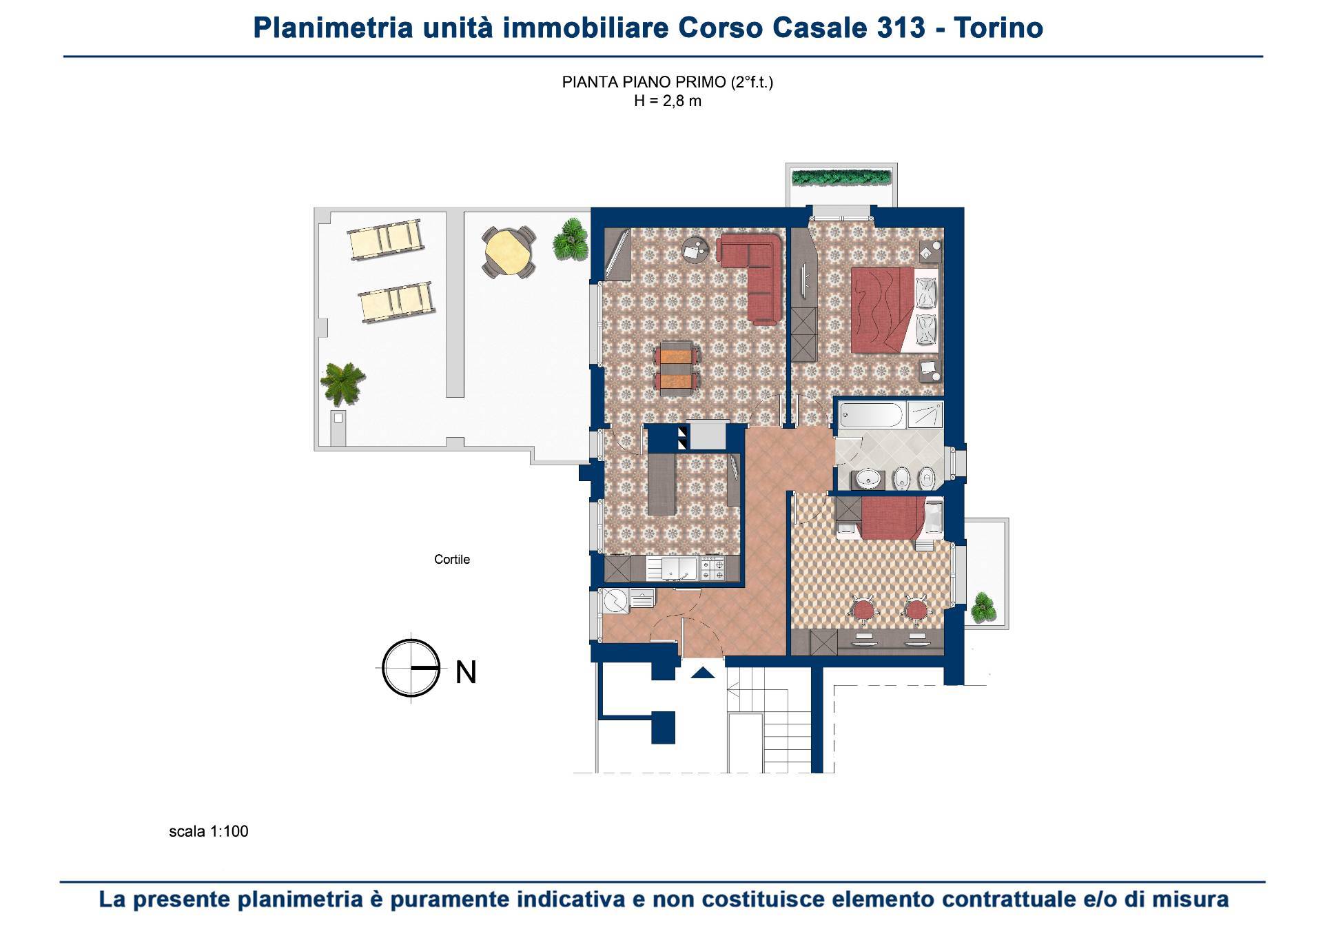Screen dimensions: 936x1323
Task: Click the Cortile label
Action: click(x=451, y=560)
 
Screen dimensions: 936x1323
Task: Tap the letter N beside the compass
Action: click(x=466, y=672)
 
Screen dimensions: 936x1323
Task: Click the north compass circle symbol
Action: click(x=411, y=668)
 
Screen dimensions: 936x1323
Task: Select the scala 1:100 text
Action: click(x=208, y=831)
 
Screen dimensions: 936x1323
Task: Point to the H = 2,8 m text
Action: click(x=667, y=101)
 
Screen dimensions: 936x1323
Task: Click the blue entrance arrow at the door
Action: click(x=702, y=673)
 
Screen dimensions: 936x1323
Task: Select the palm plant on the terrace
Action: click(x=342, y=383)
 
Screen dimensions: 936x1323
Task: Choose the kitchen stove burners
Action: click(x=712, y=569)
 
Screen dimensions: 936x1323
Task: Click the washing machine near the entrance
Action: click(x=615, y=601)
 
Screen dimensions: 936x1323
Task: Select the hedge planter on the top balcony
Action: click(x=842, y=178)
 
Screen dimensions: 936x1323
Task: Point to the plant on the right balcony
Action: click(x=983, y=607)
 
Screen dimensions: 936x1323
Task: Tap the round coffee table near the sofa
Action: click(x=694, y=249)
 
